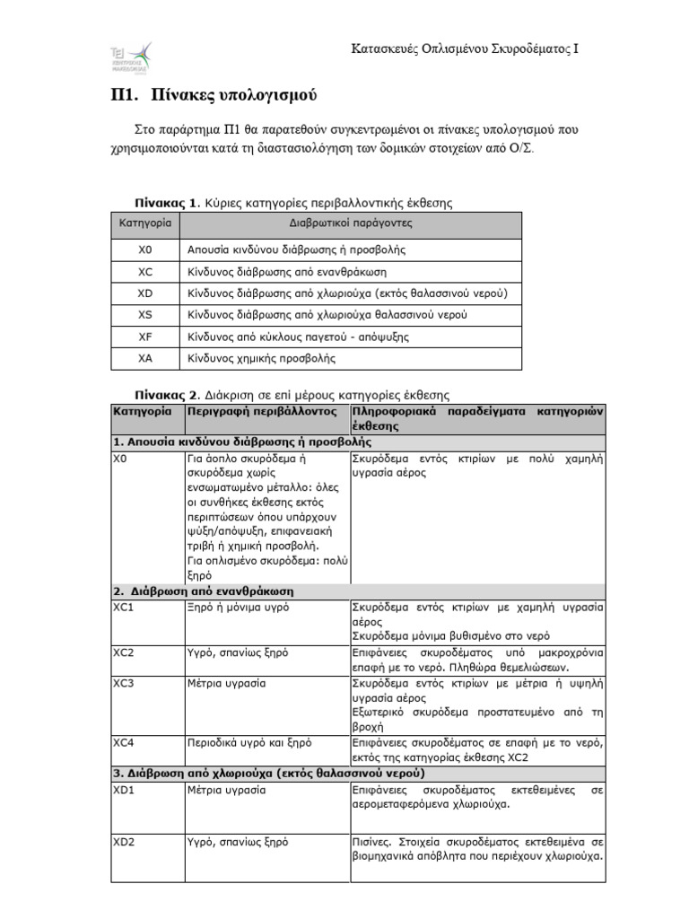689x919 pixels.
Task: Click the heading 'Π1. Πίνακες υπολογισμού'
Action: [207, 95]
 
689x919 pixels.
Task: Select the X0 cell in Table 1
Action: [145, 250]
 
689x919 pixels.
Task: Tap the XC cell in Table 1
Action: [145, 272]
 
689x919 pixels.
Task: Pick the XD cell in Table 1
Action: [145, 293]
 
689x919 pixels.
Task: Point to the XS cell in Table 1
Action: [145, 315]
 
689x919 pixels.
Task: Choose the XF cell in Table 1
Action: [145, 337]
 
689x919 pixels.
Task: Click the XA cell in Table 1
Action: [145, 358]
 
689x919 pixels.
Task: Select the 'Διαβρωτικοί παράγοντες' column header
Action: [351, 223]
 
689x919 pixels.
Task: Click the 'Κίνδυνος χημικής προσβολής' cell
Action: [261, 358]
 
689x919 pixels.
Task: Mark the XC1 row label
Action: [124, 608]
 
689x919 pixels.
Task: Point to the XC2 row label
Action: [124, 652]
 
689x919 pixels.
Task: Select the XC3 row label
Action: [124, 683]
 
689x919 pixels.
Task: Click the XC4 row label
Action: [124, 742]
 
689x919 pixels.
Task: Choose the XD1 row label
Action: [124, 791]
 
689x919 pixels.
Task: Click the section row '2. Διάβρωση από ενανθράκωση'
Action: [204, 591]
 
